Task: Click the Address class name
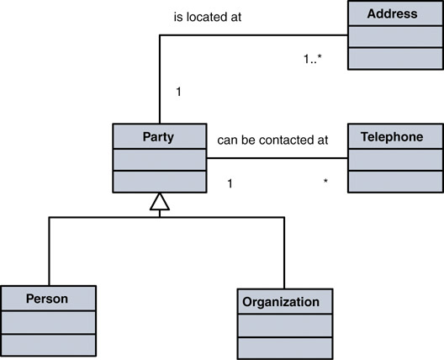[x=392, y=13]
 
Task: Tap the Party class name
[x=158, y=137]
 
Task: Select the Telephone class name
[x=392, y=137]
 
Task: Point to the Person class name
[x=47, y=299]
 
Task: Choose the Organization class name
[x=281, y=302]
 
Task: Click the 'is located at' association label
[x=208, y=17]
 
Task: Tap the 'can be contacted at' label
[x=272, y=140]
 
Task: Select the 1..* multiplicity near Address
[x=313, y=59]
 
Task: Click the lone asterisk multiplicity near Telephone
[x=325, y=181]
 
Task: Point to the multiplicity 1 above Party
[x=178, y=92]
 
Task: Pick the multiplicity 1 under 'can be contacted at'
[x=230, y=183]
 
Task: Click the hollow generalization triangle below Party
[x=160, y=201]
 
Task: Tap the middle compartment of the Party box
[x=160, y=160]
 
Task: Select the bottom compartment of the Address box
[x=395, y=58]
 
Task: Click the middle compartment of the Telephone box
[x=395, y=160]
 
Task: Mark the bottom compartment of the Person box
[x=49, y=345]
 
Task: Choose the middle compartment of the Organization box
[x=285, y=326]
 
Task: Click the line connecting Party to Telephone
[x=277, y=158]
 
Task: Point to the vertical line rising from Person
[x=49, y=251]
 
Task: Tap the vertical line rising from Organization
[x=284, y=253]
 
